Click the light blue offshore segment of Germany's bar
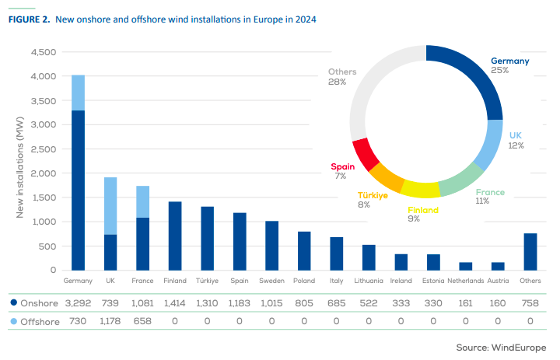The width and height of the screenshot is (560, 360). click(x=79, y=93)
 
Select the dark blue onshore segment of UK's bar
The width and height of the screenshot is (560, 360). click(x=110, y=252)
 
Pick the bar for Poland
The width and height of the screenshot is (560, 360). click(x=304, y=250)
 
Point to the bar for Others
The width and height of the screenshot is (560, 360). click(x=530, y=251)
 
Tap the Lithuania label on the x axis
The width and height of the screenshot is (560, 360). click(x=369, y=280)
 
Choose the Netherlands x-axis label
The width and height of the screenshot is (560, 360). click(x=466, y=280)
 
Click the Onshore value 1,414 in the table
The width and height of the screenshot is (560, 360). click(x=175, y=302)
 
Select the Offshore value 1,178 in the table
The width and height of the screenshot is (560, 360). click(x=110, y=320)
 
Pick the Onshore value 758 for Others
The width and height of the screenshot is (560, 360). click(x=530, y=302)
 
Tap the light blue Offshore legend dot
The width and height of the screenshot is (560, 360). click(x=14, y=320)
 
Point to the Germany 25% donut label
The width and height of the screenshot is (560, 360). click(x=509, y=65)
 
